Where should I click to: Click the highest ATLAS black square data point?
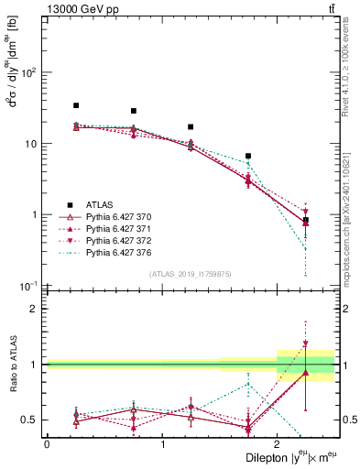[76, 105]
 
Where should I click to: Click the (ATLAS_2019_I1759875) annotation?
[190, 273]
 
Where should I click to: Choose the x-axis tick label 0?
[47, 444]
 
